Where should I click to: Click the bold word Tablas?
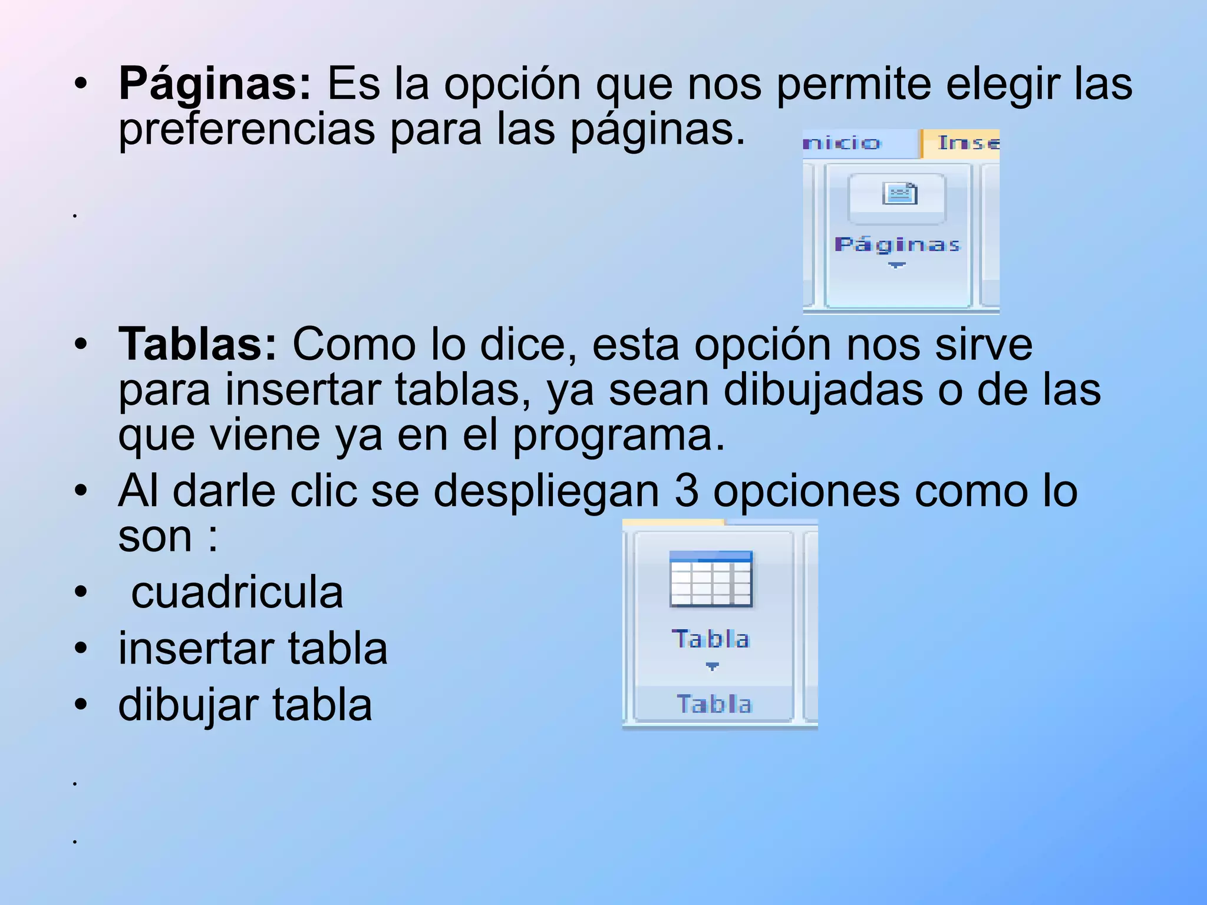(x=197, y=345)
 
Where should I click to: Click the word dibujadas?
(x=823, y=390)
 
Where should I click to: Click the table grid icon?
(x=711, y=579)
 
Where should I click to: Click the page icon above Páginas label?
(x=899, y=193)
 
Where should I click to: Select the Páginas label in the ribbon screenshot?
(x=897, y=245)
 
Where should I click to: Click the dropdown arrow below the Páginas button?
(x=896, y=266)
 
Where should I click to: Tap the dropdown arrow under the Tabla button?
(x=712, y=666)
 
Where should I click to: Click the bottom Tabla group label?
(x=714, y=704)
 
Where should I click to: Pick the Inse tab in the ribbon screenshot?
(x=967, y=143)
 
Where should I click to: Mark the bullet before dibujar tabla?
(x=81, y=705)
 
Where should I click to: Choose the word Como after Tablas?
(x=354, y=345)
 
